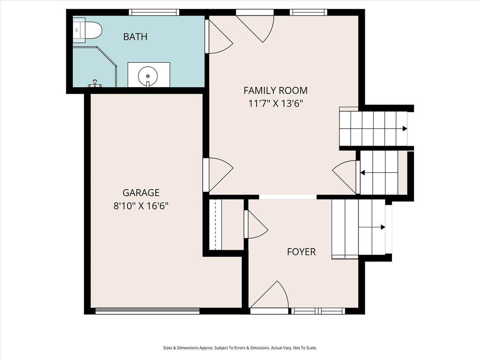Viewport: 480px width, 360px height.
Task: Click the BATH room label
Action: (135, 37)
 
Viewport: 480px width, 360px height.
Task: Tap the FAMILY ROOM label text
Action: (276, 90)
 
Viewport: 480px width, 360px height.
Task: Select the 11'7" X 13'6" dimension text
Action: (276, 103)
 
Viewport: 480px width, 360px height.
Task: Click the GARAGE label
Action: (141, 193)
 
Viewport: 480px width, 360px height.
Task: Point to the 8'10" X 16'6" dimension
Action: (141, 206)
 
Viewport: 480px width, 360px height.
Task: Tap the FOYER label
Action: (301, 252)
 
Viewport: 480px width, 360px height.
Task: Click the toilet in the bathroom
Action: (87, 30)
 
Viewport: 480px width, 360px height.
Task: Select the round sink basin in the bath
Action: (148, 76)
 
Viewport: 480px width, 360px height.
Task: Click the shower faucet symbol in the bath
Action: (95, 84)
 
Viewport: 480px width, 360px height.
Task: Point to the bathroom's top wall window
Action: (154, 12)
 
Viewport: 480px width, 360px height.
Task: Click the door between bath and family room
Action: (219, 36)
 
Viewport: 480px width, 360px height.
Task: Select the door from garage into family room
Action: (218, 175)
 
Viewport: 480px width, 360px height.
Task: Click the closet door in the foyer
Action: (256, 224)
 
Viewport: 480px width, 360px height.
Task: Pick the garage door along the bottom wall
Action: (148, 311)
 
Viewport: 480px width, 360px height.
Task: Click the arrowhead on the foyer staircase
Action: (383, 227)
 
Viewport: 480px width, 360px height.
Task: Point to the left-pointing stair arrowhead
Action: (363, 173)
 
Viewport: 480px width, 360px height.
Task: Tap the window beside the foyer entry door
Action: (318, 311)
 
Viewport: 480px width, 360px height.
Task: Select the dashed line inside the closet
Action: (216, 225)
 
